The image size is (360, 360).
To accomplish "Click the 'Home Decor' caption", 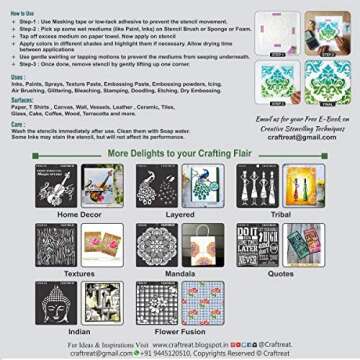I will [x=80, y=214].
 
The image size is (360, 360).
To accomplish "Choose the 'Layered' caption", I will [x=179, y=214].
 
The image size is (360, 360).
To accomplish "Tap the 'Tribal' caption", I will [x=279, y=214].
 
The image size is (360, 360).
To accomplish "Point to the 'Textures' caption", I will [x=80, y=272].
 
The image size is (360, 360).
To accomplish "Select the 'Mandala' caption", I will [x=179, y=272].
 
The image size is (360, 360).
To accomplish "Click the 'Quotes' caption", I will [x=279, y=272].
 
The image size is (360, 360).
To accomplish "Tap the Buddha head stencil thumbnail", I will [x=56, y=301].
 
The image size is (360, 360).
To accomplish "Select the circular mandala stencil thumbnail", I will [x=156, y=244].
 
